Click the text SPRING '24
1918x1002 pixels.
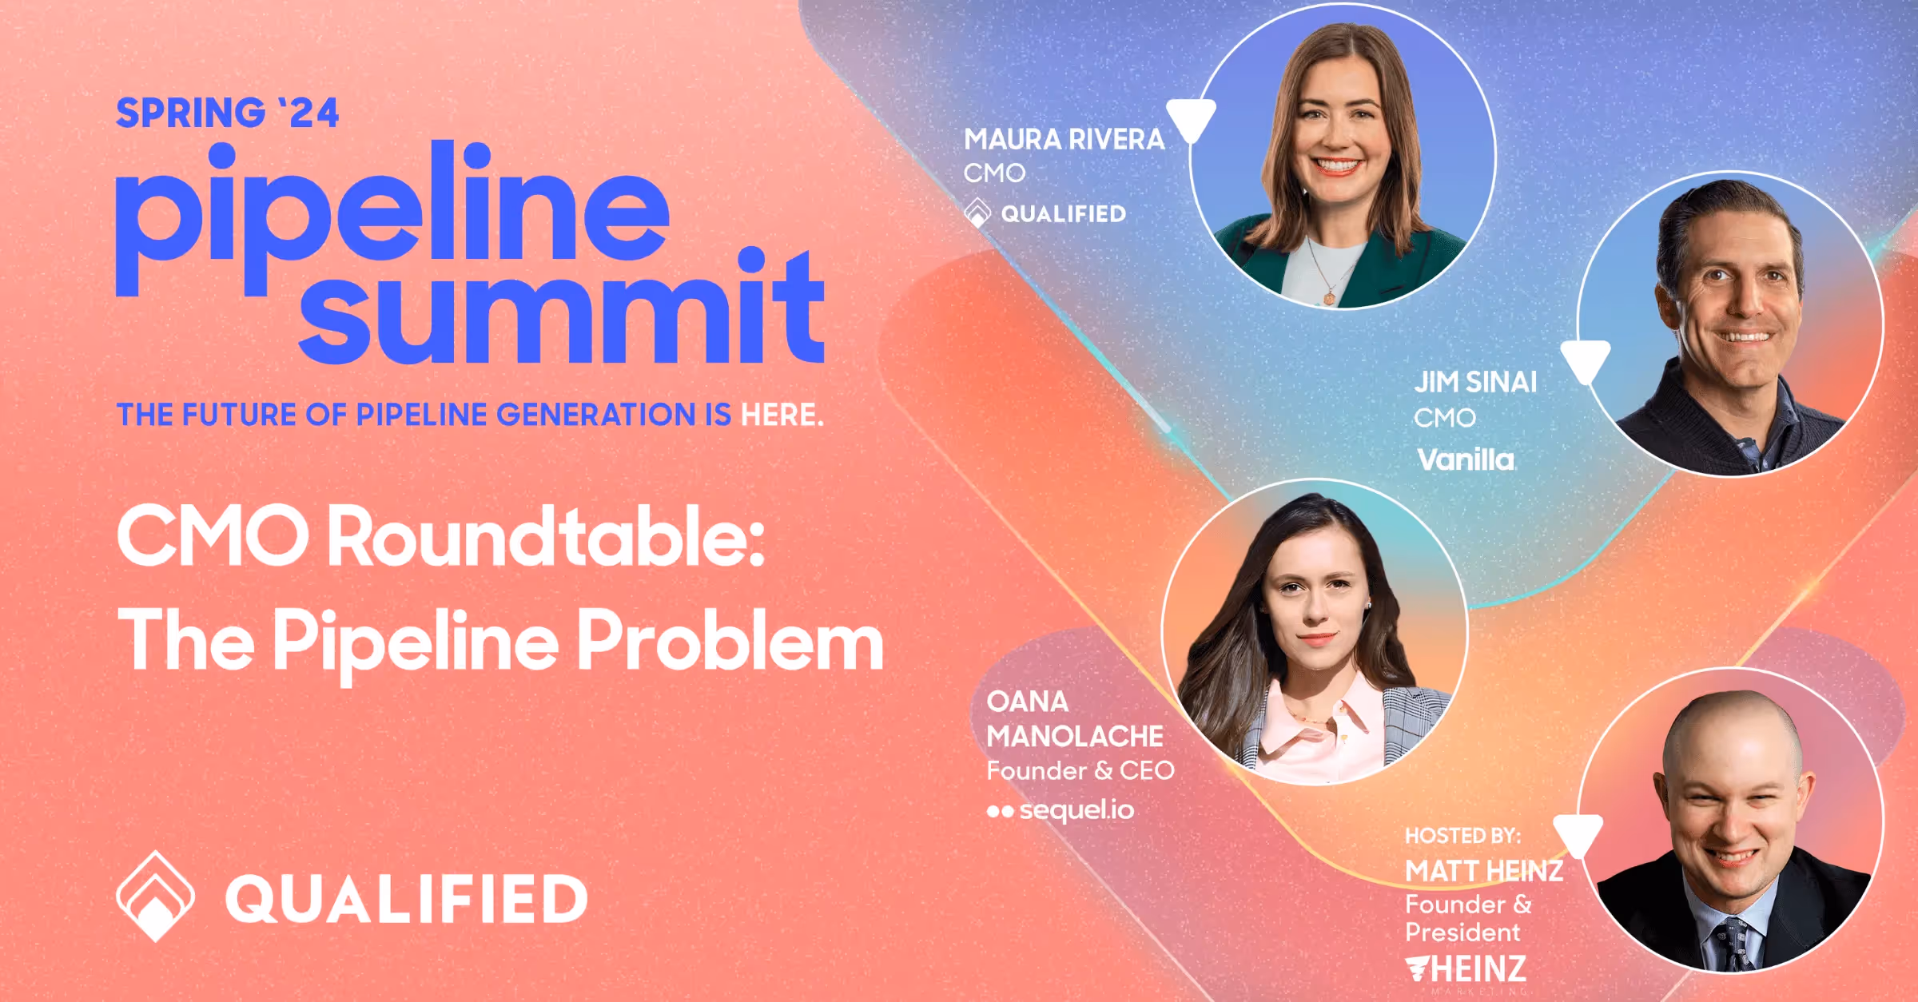[x=228, y=113]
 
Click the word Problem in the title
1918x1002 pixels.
[x=730, y=642]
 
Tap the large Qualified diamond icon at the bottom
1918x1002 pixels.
[x=155, y=896]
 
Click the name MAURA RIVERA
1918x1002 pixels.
[x=1064, y=140]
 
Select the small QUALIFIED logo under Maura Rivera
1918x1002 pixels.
[x=1045, y=214]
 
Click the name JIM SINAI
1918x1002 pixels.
[x=1475, y=382]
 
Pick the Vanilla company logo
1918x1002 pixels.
[x=1466, y=460]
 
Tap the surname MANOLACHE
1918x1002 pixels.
[x=1075, y=736]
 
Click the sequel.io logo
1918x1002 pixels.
[x=1060, y=810]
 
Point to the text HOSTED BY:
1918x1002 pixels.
[x=1462, y=836]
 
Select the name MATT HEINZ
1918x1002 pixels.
[x=1484, y=871]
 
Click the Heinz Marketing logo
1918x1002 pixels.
[x=1466, y=969]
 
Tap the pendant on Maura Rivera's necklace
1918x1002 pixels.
[x=1330, y=298]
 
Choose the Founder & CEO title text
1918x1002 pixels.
[x=1080, y=771]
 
